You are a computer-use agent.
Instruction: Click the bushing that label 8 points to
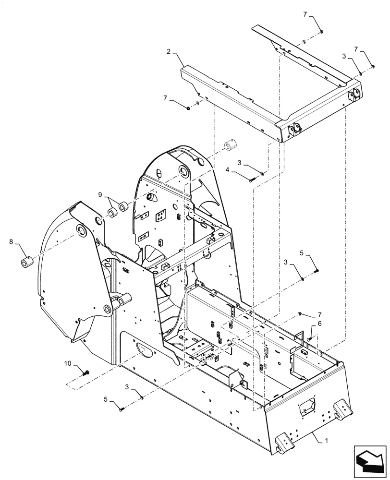pyautogui.click(x=25, y=263)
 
